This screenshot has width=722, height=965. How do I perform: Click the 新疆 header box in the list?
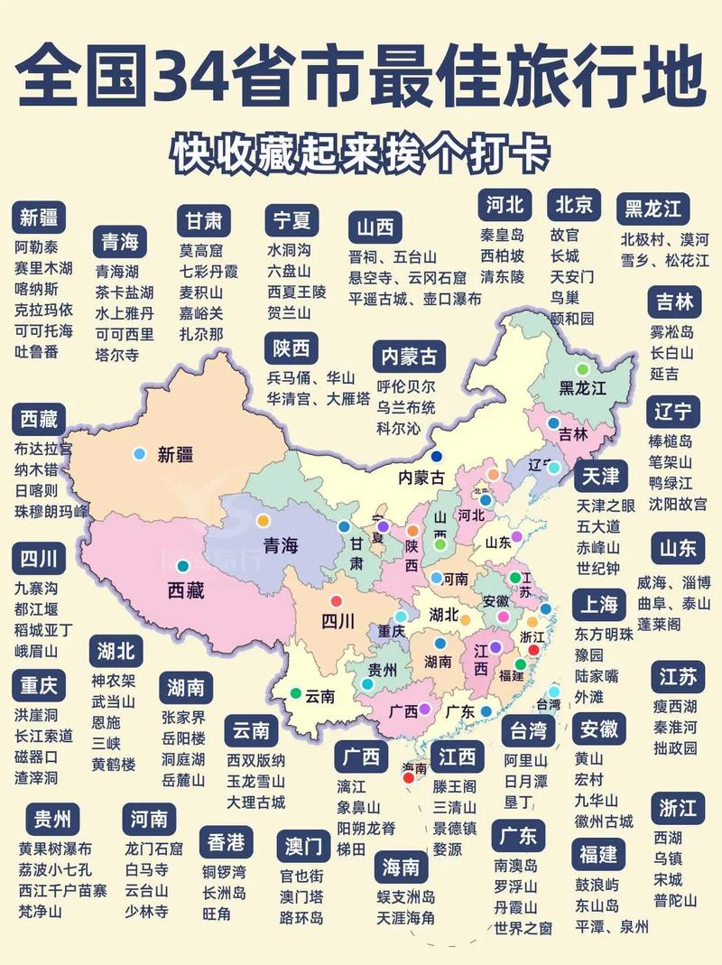click(39, 218)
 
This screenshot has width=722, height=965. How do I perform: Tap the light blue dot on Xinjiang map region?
click(138, 452)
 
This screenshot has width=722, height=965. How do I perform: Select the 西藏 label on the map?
click(186, 591)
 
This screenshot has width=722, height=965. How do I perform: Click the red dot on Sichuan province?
click(337, 601)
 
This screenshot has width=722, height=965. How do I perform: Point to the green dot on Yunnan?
click(295, 694)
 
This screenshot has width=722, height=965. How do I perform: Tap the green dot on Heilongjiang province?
click(582, 368)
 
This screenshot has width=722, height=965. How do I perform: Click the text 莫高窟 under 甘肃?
click(200, 250)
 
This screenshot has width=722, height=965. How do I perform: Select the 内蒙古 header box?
click(409, 356)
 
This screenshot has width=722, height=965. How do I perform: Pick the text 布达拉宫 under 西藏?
click(43, 449)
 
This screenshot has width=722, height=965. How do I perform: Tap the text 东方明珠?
click(604, 635)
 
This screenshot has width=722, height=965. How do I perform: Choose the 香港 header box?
click(227, 843)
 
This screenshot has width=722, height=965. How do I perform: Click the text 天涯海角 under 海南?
click(406, 918)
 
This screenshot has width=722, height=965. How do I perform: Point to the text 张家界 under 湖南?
click(183, 719)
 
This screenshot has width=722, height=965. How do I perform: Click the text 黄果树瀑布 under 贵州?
click(55, 849)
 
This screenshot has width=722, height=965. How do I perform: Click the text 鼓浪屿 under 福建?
click(597, 884)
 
